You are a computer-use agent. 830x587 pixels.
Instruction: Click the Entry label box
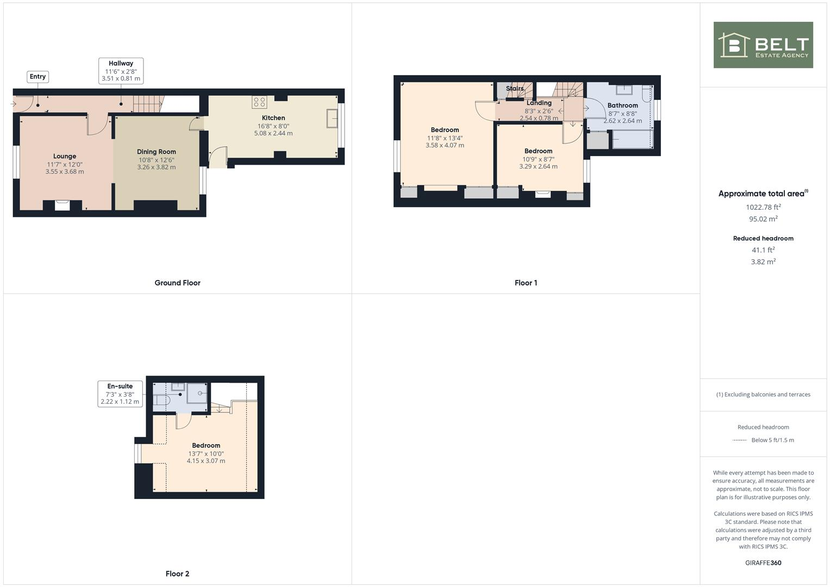38,77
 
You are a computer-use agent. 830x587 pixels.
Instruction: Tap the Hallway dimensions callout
121,71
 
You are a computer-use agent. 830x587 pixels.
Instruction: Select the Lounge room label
65,157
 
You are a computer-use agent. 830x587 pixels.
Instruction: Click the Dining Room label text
157,152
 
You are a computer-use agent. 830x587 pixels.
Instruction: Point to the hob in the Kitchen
259,102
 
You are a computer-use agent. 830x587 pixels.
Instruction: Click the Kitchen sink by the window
331,118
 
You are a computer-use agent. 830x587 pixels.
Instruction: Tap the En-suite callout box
120,394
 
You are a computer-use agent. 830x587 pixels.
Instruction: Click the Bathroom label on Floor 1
622,105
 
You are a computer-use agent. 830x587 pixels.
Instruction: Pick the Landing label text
539,103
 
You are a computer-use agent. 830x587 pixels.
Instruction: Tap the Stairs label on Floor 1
515,89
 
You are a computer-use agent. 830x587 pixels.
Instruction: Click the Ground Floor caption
177,283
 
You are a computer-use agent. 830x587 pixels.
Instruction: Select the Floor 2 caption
177,573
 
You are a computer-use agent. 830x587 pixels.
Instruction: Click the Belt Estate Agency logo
763,45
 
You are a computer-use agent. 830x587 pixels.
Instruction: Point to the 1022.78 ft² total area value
763,207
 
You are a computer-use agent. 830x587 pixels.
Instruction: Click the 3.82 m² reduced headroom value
763,261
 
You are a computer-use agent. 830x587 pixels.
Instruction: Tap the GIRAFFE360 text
763,563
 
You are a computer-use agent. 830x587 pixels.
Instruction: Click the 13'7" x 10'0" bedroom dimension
206,453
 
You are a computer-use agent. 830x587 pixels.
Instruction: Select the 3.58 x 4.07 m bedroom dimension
445,145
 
